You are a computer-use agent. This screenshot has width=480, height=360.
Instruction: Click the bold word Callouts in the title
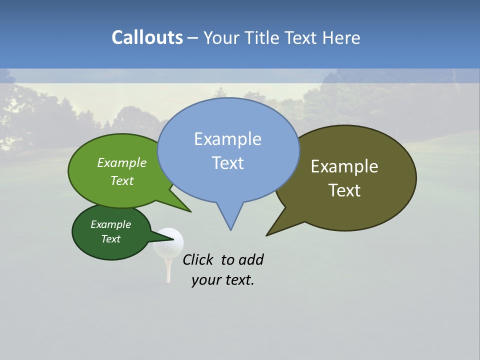(x=147, y=37)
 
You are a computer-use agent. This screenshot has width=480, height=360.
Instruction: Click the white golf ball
(x=168, y=242)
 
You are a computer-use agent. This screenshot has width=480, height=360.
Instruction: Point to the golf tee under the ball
(x=168, y=270)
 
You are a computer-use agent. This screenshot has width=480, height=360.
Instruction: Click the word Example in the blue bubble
(x=227, y=138)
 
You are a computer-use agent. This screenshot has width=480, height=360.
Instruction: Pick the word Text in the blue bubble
(x=227, y=162)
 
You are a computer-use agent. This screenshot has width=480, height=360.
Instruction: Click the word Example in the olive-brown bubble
(x=344, y=166)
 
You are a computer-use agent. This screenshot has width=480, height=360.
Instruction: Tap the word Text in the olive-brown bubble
(x=344, y=190)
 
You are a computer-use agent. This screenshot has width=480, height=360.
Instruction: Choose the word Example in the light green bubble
(x=122, y=162)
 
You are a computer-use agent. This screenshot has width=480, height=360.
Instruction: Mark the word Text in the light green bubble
(x=122, y=180)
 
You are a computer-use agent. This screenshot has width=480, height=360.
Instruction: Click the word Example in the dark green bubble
(x=110, y=224)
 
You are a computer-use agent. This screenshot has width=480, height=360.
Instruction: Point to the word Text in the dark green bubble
(x=110, y=239)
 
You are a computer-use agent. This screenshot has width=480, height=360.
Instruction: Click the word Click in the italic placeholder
(x=198, y=259)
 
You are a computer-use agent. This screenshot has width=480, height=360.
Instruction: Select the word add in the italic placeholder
(x=251, y=259)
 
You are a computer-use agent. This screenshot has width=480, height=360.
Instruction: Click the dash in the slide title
(x=193, y=38)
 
